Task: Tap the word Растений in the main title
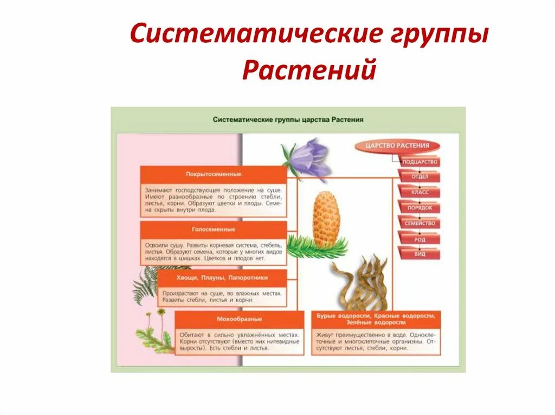click(x=309, y=70)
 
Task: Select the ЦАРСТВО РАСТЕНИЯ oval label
click(x=397, y=146)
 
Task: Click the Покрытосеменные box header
click(x=213, y=175)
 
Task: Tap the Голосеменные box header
click(x=213, y=229)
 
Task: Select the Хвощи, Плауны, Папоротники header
click(x=222, y=278)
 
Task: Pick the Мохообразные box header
click(x=238, y=319)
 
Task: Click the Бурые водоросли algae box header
click(x=376, y=319)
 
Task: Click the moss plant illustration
click(x=154, y=335)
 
